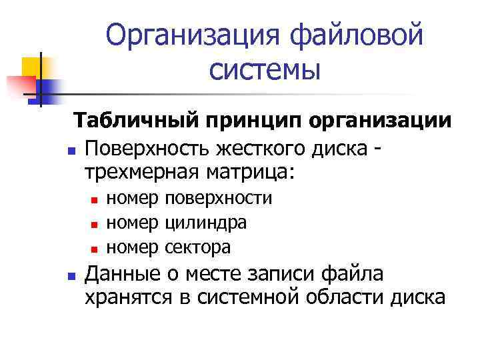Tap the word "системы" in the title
coord(265,68)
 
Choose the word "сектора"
coord(197,247)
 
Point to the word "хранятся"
coord(128,297)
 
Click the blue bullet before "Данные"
coord(71,275)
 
